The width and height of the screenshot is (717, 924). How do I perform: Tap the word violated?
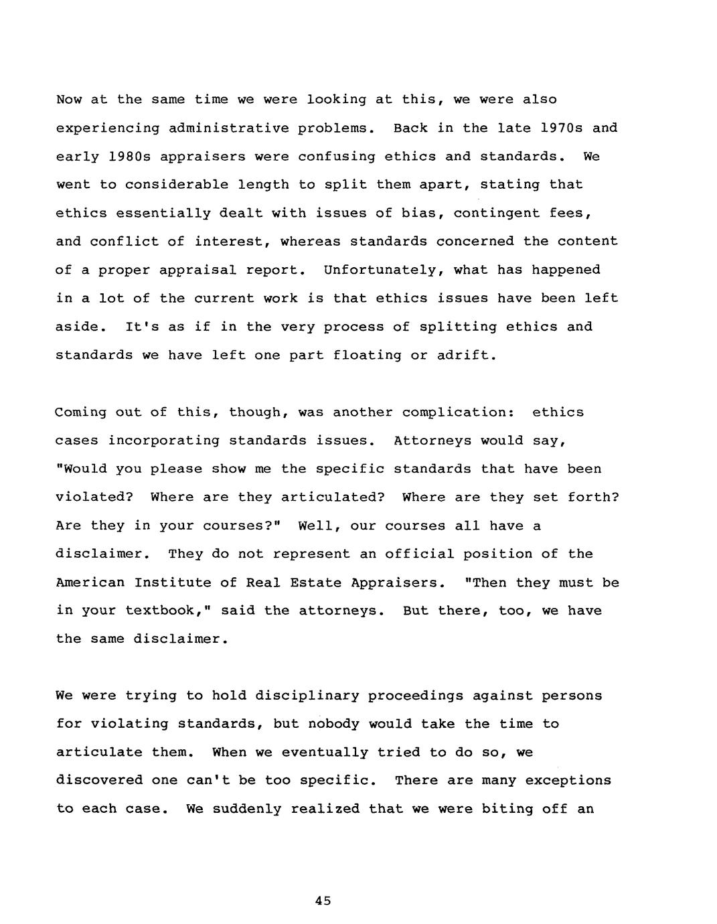click(x=94, y=497)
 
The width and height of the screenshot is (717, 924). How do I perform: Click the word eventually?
click(x=324, y=753)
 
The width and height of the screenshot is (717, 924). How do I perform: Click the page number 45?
click(x=323, y=901)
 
